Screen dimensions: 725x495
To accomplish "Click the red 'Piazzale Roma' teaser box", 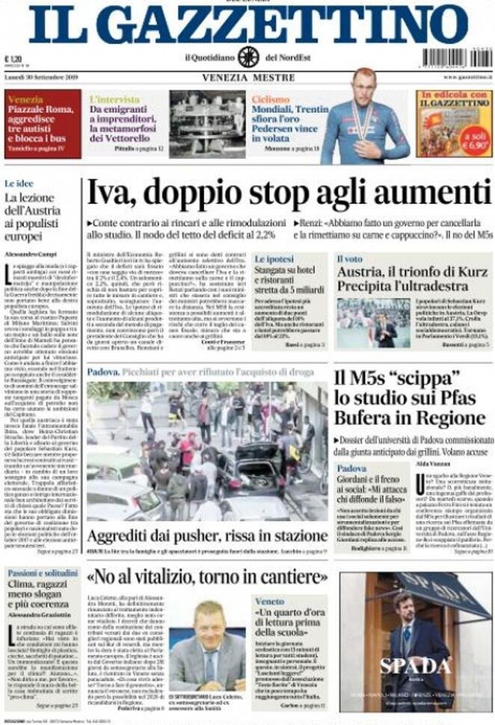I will (43, 124).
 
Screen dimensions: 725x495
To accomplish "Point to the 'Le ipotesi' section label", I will (274, 259).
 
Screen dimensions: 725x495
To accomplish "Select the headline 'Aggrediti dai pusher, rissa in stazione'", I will (197, 536).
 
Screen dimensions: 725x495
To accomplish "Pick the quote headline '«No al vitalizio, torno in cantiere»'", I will (208, 577).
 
